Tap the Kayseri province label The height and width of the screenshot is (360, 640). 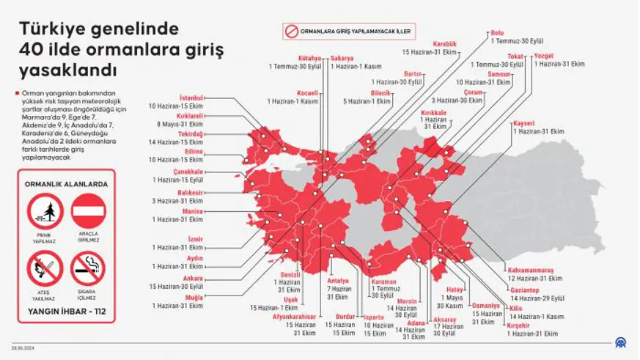point(524,123)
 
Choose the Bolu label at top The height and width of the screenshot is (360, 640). point(497,34)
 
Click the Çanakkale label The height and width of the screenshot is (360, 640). point(188,172)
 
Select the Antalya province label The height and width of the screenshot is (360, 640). point(337,281)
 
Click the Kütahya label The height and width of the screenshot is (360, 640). point(309,58)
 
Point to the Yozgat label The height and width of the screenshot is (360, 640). point(543,56)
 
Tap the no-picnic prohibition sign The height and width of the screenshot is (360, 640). point(45,213)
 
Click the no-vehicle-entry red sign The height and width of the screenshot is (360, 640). point(88,213)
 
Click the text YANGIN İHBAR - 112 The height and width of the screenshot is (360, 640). point(67,311)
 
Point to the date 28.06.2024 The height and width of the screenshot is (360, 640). point(22,348)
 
